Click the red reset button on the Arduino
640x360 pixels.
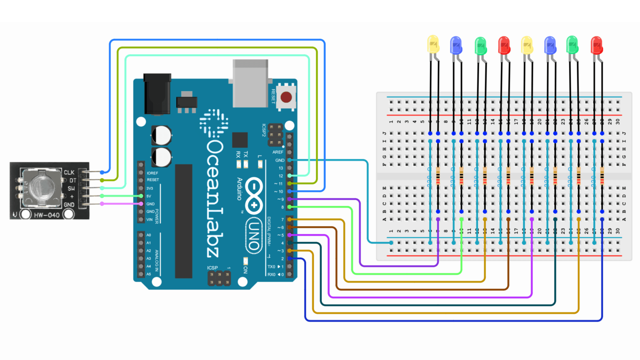pyautogui.click(x=286, y=97)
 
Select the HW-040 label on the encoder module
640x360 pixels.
pyautogui.click(x=47, y=215)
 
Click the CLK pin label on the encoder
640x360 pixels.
pyautogui.click(x=69, y=172)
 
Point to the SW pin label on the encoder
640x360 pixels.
pyautogui.click(x=71, y=188)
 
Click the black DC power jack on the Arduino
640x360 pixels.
pyautogui.click(x=157, y=94)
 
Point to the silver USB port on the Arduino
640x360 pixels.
pyautogui.click(x=250, y=83)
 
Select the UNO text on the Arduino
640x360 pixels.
pyautogui.click(x=253, y=236)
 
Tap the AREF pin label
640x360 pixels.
pyautogui.click(x=277, y=152)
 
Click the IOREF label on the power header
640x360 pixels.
pyautogui.click(x=152, y=173)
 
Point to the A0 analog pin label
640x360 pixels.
pyautogui.click(x=149, y=235)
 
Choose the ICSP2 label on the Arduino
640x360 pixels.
pyautogui.click(x=264, y=130)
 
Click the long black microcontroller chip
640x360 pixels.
pyautogui.click(x=183, y=221)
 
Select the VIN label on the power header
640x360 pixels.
pyautogui.click(x=149, y=220)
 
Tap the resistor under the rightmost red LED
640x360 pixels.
pyautogui.click(x=602, y=176)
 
